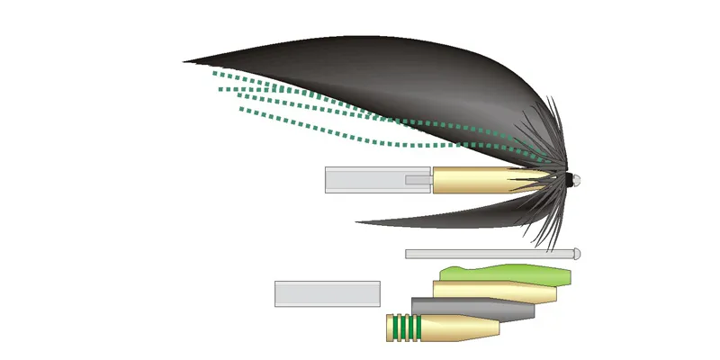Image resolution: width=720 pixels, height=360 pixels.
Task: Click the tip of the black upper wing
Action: pos(186,62)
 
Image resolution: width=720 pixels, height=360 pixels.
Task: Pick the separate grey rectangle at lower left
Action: pos(327,293)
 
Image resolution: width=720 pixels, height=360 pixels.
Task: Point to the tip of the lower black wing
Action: pos(358,222)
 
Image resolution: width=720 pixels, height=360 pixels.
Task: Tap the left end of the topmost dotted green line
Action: pos(216,76)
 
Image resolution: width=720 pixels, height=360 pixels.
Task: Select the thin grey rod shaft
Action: pos(486,255)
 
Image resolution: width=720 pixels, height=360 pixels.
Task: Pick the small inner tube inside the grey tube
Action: pos(418,180)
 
